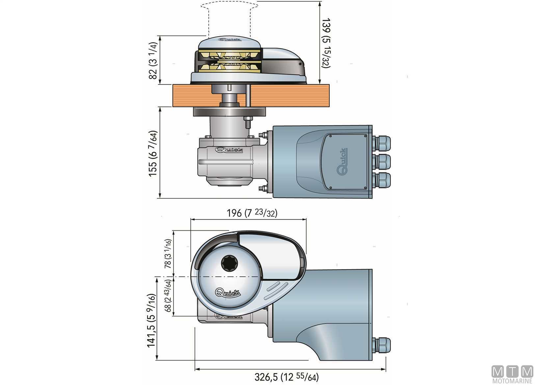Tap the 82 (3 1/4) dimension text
coord(153,61)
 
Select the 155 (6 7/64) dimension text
coord(153,154)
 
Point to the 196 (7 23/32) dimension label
coord(252,213)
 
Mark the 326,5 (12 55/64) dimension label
coord(286,376)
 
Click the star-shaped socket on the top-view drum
coord(228,263)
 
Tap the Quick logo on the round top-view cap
coord(228,293)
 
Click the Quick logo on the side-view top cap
coord(230,40)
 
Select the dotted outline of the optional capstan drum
coord(229,18)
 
